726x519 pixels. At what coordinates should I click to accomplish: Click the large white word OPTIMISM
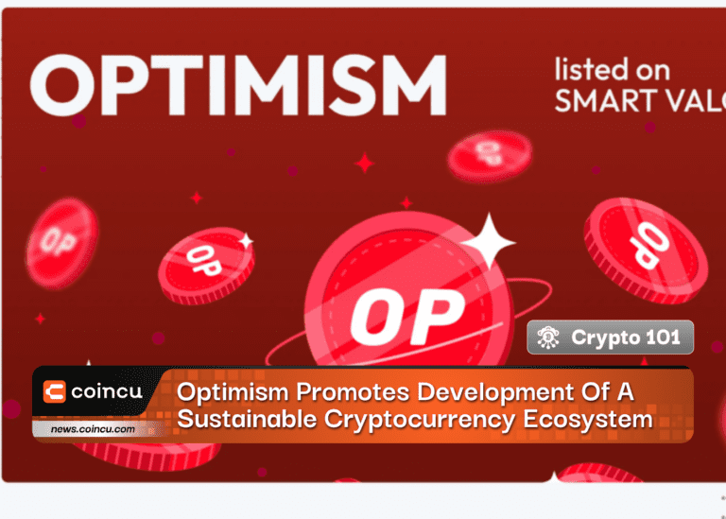[238, 85]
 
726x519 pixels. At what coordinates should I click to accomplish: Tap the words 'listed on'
[613, 70]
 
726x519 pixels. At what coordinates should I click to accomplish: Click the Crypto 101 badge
[611, 337]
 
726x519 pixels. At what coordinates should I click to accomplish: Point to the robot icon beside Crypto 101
[548, 337]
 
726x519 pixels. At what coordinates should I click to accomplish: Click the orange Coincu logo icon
[54, 391]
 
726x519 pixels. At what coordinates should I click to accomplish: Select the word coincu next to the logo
[107, 391]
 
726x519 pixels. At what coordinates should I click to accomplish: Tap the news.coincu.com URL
[93, 429]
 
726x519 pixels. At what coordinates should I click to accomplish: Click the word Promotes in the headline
[353, 392]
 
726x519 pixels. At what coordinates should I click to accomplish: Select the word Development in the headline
[495, 393]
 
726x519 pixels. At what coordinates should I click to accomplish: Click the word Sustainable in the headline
[248, 420]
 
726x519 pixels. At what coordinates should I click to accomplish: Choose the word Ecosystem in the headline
[588, 420]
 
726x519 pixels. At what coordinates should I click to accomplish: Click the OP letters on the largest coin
[407, 316]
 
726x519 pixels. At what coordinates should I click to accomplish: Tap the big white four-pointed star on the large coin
[488, 242]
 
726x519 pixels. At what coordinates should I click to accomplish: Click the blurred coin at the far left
[61, 243]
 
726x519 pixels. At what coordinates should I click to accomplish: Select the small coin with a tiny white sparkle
[206, 266]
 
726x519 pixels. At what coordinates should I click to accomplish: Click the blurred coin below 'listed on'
[490, 156]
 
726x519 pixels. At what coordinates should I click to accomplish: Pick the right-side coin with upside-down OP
[646, 251]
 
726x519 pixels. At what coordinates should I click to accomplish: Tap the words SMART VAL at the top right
[640, 101]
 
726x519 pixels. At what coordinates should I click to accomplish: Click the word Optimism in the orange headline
[233, 392]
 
